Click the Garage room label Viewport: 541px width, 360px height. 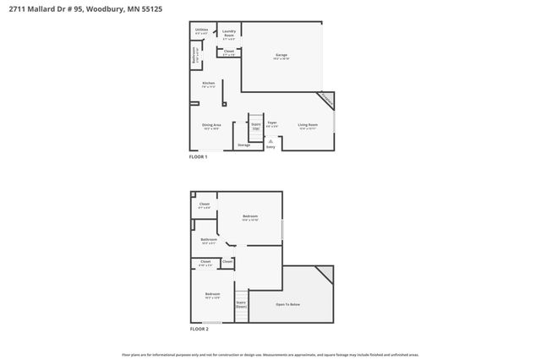point(281,56)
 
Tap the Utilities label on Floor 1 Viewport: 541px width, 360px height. point(201,30)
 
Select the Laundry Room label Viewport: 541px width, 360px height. point(228,33)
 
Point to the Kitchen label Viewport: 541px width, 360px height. point(208,83)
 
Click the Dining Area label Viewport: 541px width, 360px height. point(211,126)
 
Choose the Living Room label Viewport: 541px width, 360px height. point(307,126)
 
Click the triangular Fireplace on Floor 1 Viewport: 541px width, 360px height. point(326,101)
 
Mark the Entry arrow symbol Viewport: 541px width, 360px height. point(270,140)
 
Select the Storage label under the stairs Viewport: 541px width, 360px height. point(243,145)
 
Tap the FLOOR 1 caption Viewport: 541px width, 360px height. point(199,157)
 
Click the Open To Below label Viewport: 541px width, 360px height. point(287,304)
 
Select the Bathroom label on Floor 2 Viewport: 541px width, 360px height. point(209,239)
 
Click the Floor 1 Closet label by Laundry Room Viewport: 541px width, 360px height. point(229,52)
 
